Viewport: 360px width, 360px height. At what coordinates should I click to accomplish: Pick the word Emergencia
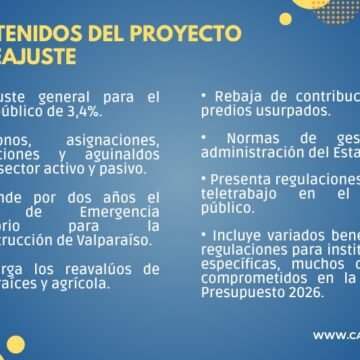click(x=119, y=211)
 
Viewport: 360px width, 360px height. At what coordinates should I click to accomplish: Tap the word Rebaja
click(x=238, y=96)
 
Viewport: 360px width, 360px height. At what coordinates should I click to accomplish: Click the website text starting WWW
click(x=335, y=336)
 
